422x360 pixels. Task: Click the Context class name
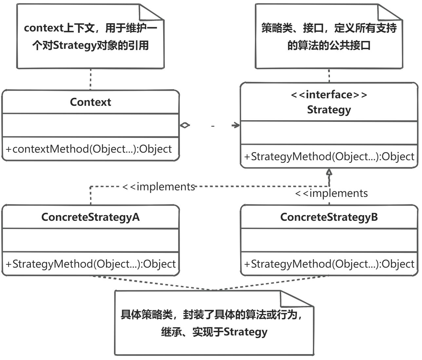tap(90, 102)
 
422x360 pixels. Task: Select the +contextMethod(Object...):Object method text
tap(89, 149)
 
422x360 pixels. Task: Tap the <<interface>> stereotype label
tap(329, 95)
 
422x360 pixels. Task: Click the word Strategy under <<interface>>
tap(329, 109)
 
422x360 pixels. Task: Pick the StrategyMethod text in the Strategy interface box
tap(329, 157)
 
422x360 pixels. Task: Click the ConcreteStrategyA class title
tap(90, 217)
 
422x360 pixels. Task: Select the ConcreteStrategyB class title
tap(329, 217)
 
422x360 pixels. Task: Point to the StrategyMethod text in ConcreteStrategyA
tap(90, 264)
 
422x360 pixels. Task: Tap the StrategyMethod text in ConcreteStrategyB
tap(329, 264)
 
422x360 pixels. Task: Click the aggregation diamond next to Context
tap(185, 125)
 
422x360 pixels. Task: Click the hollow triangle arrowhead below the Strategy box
tap(329, 172)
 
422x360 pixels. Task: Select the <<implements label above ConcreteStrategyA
tap(159, 186)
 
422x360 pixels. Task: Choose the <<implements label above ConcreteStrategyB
tap(331, 193)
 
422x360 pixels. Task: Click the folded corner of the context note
tap(151, 12)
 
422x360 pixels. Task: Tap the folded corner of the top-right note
tap(390, 12)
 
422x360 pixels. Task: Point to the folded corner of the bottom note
tap(297, 299)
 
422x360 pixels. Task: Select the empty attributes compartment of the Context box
tap(90, 125)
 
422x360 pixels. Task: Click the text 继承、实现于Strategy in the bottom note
tap(214, 332)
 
